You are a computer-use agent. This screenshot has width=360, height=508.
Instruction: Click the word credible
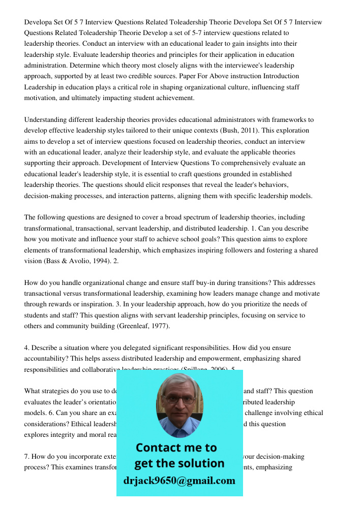click(x=153, y=76)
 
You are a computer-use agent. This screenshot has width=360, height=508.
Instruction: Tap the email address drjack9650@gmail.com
click(x=179, y=480)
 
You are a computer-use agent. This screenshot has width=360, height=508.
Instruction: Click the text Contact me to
click(x=176, y=448)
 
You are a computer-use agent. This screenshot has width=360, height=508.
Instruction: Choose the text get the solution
click(x=179, y=463)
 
